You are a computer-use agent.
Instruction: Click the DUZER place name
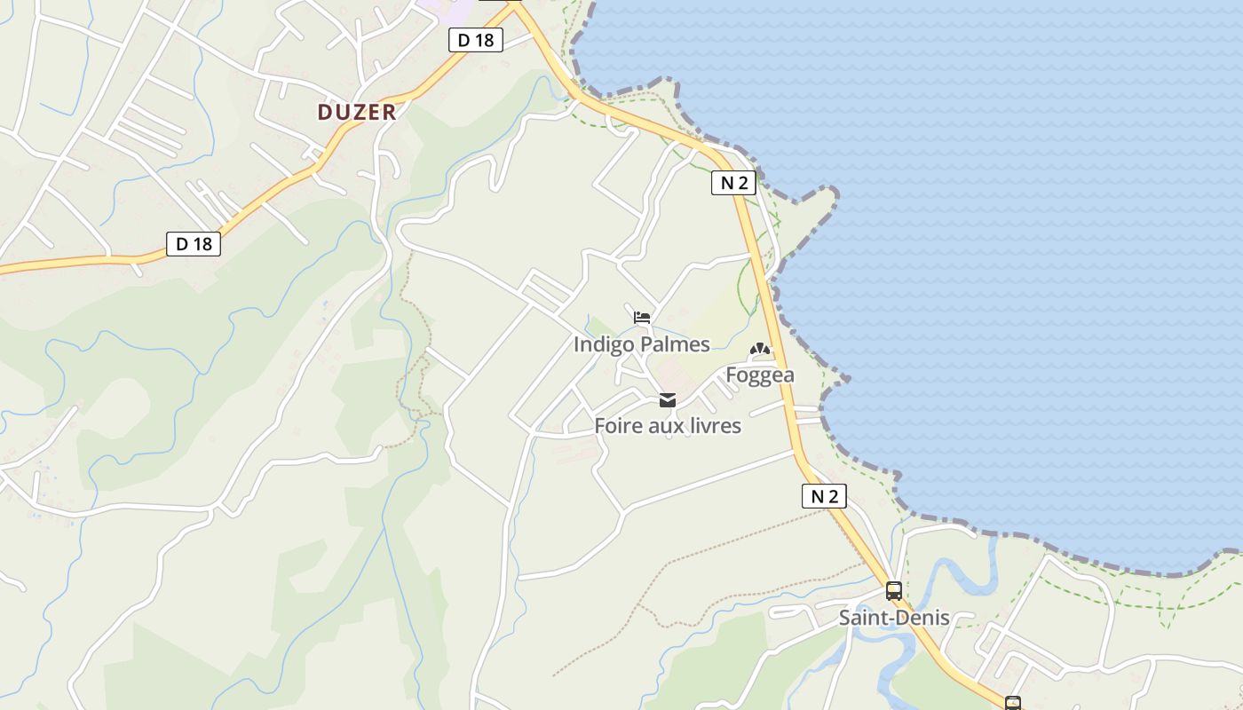click(356, 112)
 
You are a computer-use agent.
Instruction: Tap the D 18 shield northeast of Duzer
click(476, 40)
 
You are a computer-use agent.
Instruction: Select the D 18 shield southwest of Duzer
click(194, 244)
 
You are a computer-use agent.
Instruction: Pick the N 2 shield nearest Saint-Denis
click(824, 496)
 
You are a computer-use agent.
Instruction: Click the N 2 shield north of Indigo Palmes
click(733, 183)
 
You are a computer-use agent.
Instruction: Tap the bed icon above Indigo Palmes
click(642, 318)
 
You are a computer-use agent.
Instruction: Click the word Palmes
click(679, 344)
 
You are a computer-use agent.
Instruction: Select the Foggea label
click(760, 375)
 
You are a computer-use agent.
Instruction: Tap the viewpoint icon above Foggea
click(760, 351)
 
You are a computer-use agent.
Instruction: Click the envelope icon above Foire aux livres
click(667, 400)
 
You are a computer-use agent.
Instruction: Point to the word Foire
click(616, 426)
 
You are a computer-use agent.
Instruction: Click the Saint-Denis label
click(894, 618)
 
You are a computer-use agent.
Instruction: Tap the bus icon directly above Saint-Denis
click(894, 591)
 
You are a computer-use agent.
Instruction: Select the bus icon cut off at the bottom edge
click(1013, 704)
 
